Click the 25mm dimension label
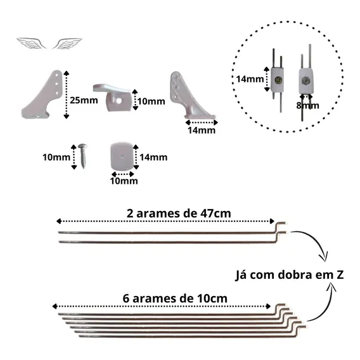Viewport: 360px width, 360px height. (x=84, y=100)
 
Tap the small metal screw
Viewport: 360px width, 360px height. (x=82, y=156)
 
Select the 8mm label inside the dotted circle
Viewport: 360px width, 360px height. (x=307, y=106)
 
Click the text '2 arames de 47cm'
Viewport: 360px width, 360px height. (x=179, y=214)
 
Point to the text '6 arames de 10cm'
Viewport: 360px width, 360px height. (x=175, y=299)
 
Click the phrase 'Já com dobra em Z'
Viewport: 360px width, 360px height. (x=289, y=275)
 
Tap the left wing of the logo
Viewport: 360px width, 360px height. (x=31, y=43)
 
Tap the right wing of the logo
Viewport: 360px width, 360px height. (x=67, y=43)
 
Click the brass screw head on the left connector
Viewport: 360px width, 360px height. (x=278, y=80)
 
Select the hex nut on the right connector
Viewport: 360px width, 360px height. (x=305, y=80)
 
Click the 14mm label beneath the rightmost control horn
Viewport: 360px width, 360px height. (x=202, y=131)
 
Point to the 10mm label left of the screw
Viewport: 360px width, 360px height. (x=56, y=157)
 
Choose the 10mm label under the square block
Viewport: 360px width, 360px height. (x=124, y=181)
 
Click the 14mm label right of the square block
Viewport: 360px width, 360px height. (x=153, y=157)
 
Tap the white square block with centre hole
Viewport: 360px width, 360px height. (x=122, y=156)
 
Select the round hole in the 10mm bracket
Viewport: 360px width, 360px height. (x=119, y=101)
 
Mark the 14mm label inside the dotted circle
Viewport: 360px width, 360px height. (x=250, y=79)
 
